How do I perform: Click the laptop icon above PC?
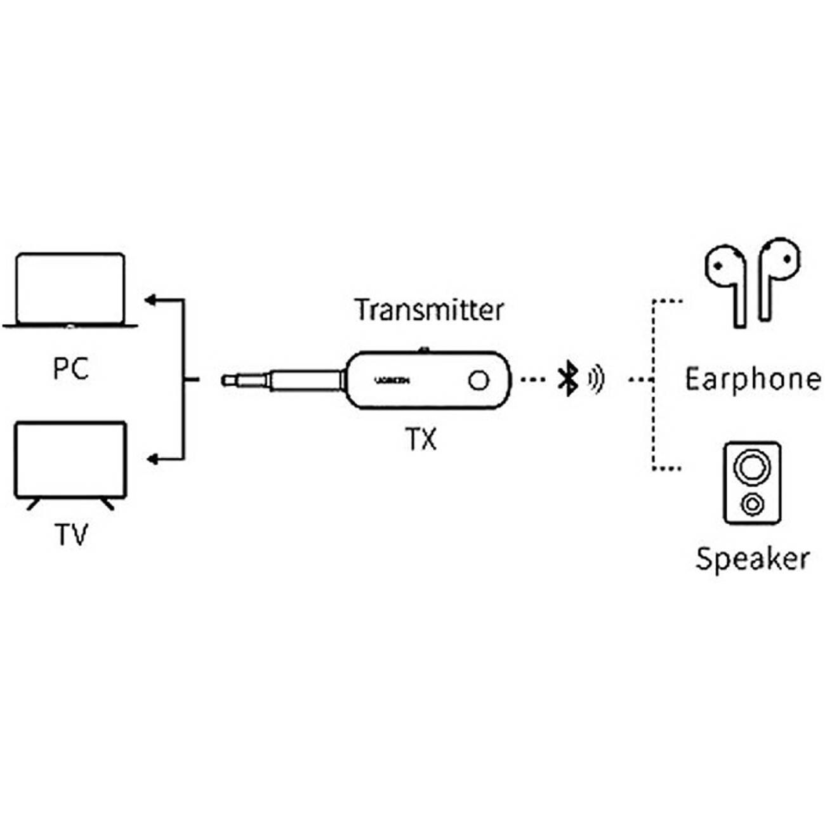coord(70,290)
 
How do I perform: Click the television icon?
coord(70,460)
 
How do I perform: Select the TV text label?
coord(70,535)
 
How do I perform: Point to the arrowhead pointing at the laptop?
coord(151,300)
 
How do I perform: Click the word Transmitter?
coord(429,310)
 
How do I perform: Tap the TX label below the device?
coord(421,439)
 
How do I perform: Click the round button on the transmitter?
coord(479,380)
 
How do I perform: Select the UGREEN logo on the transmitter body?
coord(392,380)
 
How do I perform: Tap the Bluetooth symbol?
coord(567,379)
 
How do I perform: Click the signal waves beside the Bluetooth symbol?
coord(595,379)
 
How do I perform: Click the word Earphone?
coord(753,379)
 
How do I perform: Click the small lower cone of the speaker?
coord(752,505)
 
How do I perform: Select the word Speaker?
coord(753,559)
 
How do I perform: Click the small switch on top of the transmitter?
coord(424,349)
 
